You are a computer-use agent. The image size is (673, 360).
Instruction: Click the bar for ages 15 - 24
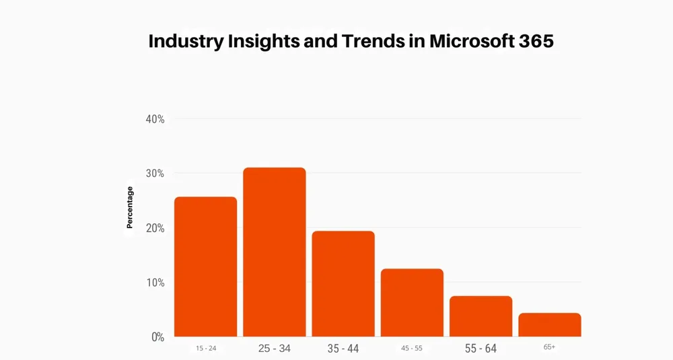point(205,266)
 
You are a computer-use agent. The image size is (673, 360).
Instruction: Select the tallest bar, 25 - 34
point(275,252)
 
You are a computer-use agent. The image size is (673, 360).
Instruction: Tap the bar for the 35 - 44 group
point(343,283)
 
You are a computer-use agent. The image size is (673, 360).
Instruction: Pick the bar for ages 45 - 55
point(412,303)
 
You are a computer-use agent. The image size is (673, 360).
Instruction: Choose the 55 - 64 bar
point(481,316)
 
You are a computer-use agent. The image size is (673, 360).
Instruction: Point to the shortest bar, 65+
point(550,325)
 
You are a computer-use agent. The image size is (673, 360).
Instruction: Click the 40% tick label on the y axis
point(155,119)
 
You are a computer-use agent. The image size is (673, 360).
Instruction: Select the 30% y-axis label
point(155,174)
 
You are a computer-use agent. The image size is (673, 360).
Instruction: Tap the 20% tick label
point(155,228)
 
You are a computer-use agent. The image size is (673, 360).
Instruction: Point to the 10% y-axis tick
point(155,283)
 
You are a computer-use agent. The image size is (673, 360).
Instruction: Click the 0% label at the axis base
point(158,337)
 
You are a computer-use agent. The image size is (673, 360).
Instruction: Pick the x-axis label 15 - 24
point(206,349)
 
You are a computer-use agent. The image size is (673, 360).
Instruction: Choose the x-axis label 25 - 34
point(275,349)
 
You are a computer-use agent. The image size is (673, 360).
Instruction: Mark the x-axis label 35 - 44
point(343,349)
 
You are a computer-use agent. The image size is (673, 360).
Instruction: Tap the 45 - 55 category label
point(412,349)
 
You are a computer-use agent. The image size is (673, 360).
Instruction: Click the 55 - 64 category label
point(481,349)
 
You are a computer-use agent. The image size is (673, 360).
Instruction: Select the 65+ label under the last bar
point(549,347)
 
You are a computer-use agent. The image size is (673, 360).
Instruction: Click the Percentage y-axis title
point(130,207)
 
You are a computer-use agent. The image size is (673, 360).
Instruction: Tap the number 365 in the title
point(536,41)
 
